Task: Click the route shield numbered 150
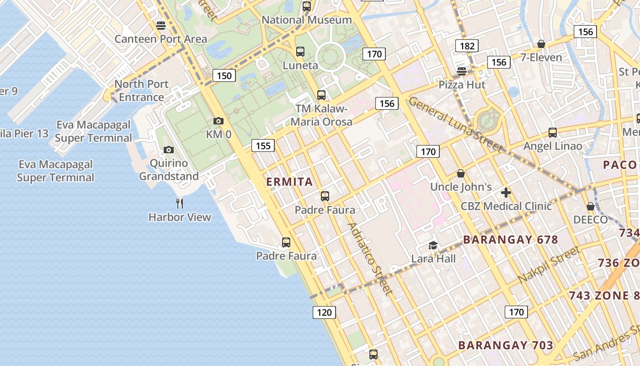click(x=224, y=75)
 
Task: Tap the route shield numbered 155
click(x=263, y=146)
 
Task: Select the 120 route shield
click(x=324, y=312)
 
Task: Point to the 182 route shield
click(x=466, y=46)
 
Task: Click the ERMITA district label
click(x=290, y=182)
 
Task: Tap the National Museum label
click(x=306, y=20)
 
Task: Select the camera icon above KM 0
click(x=219, y=121)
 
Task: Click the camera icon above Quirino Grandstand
click(x=169, y=150)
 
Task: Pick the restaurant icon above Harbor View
click(x=180, y=204)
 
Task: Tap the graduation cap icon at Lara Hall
click(x=433, y=246)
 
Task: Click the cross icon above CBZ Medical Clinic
click(x=506, y=193)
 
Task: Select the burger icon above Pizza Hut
click(x=462, y=71)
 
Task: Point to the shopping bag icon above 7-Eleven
click(x=541, y=44)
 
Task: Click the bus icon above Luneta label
click(x=300, y=52)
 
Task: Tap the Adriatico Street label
click(x=369, y=258)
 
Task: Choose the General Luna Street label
click(x=455, y=124)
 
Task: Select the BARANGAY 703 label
click(x=506, y=345)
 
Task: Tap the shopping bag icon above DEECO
click(x=591, y=206)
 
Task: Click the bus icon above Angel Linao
click(x=553, y=133)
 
